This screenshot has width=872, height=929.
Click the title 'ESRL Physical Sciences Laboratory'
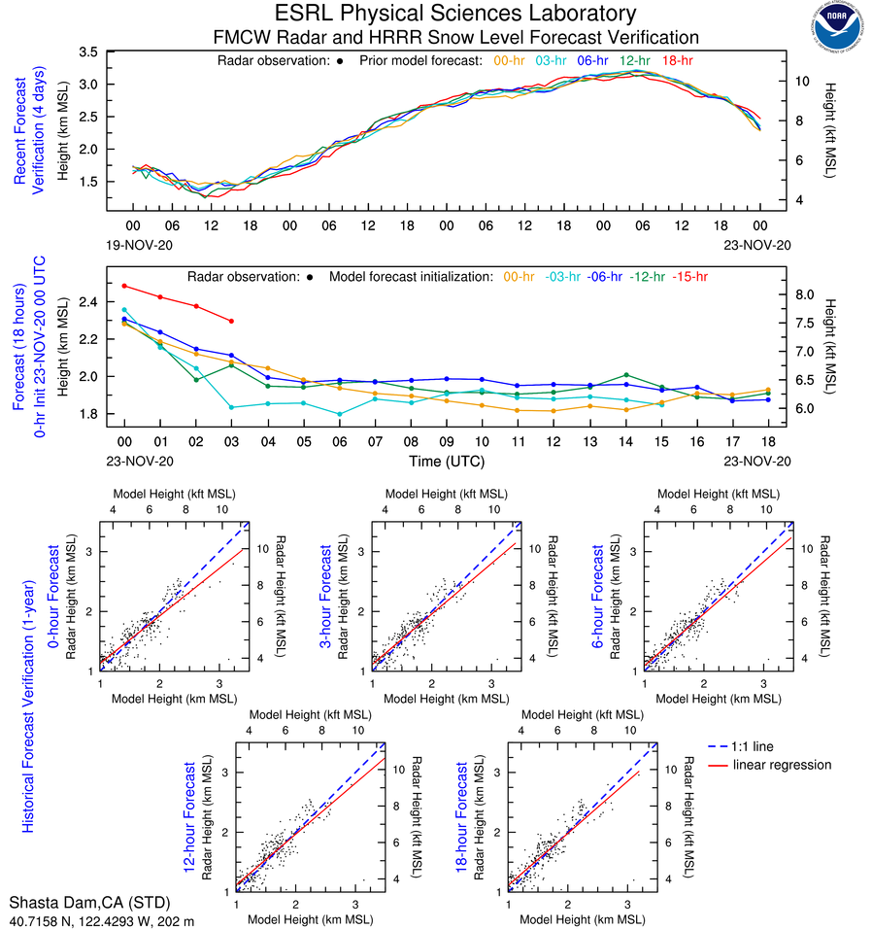[x=455, y=14]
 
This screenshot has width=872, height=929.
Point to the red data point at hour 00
[x=124, y=286]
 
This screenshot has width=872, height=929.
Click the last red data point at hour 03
[x=231, y=321]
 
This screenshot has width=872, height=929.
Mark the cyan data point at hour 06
[x=339, y=414]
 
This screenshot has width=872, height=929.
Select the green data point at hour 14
[x=626, y=374]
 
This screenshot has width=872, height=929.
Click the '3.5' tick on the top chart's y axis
[x=88, y=52]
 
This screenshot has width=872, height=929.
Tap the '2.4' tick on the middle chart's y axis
[x=88, y=302]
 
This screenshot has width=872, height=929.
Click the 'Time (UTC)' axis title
[x=448, y=461]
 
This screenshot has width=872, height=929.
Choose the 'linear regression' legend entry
[x=782, y=765]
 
